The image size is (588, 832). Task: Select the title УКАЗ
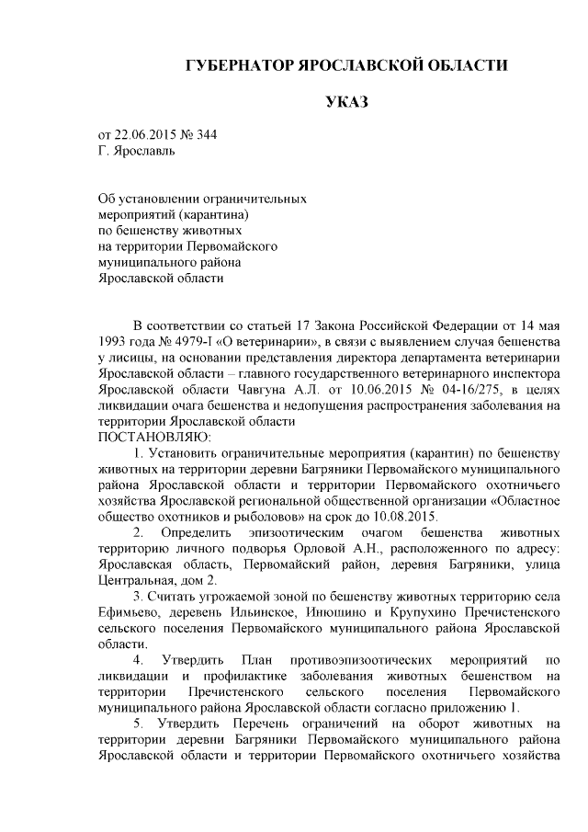click(x=346, y=101)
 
